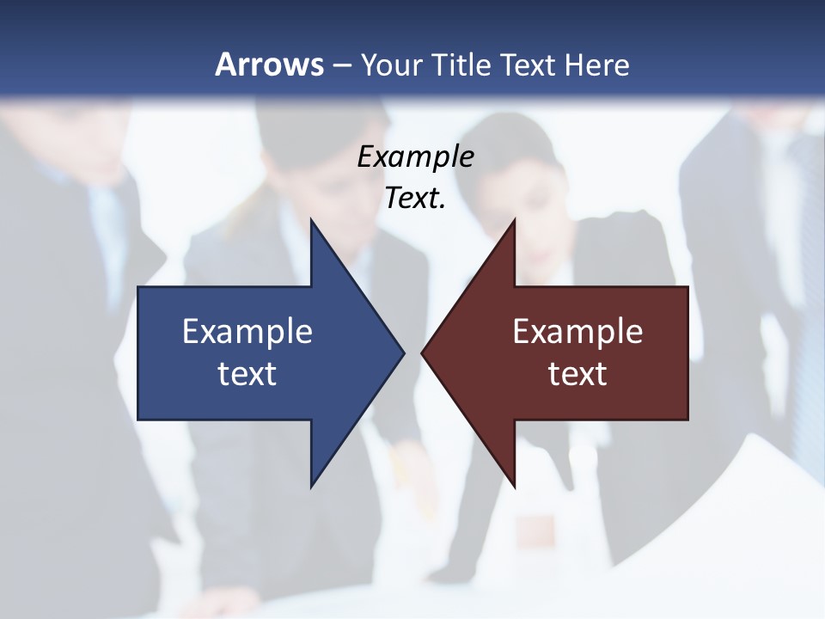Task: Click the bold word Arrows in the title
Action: [x=269, y=64]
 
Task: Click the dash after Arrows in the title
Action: [x=341, y=65]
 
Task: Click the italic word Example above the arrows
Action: [x=416, y=156]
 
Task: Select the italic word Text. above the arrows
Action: [x=416, y=199]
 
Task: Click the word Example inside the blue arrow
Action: [x=247, y=331]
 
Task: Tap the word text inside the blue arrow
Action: [x=247, y=374]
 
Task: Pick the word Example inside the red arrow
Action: [x=577, y=331]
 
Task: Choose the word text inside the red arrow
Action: [x=577, y=374]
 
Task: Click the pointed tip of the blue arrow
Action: [x=403, y=352]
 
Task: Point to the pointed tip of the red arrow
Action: [x=422, y=352]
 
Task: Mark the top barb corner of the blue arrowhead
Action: [x=311, y=219]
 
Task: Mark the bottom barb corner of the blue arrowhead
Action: [x=311, y=487]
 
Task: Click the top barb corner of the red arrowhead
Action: [x=514, y=219]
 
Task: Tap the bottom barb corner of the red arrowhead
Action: [x=514, y=487]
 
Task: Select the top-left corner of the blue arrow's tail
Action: [x=138, y=287]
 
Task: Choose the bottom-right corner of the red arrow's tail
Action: [x=687, y=420]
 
